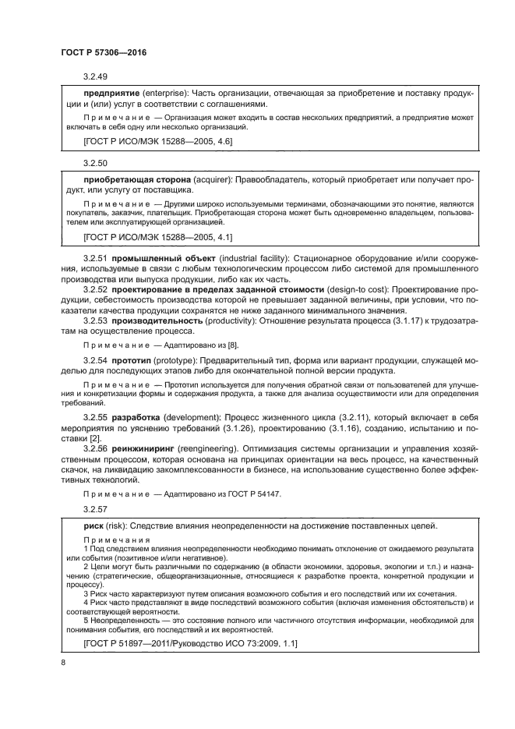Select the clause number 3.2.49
point(95,77)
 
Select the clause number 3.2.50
point(95,165)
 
